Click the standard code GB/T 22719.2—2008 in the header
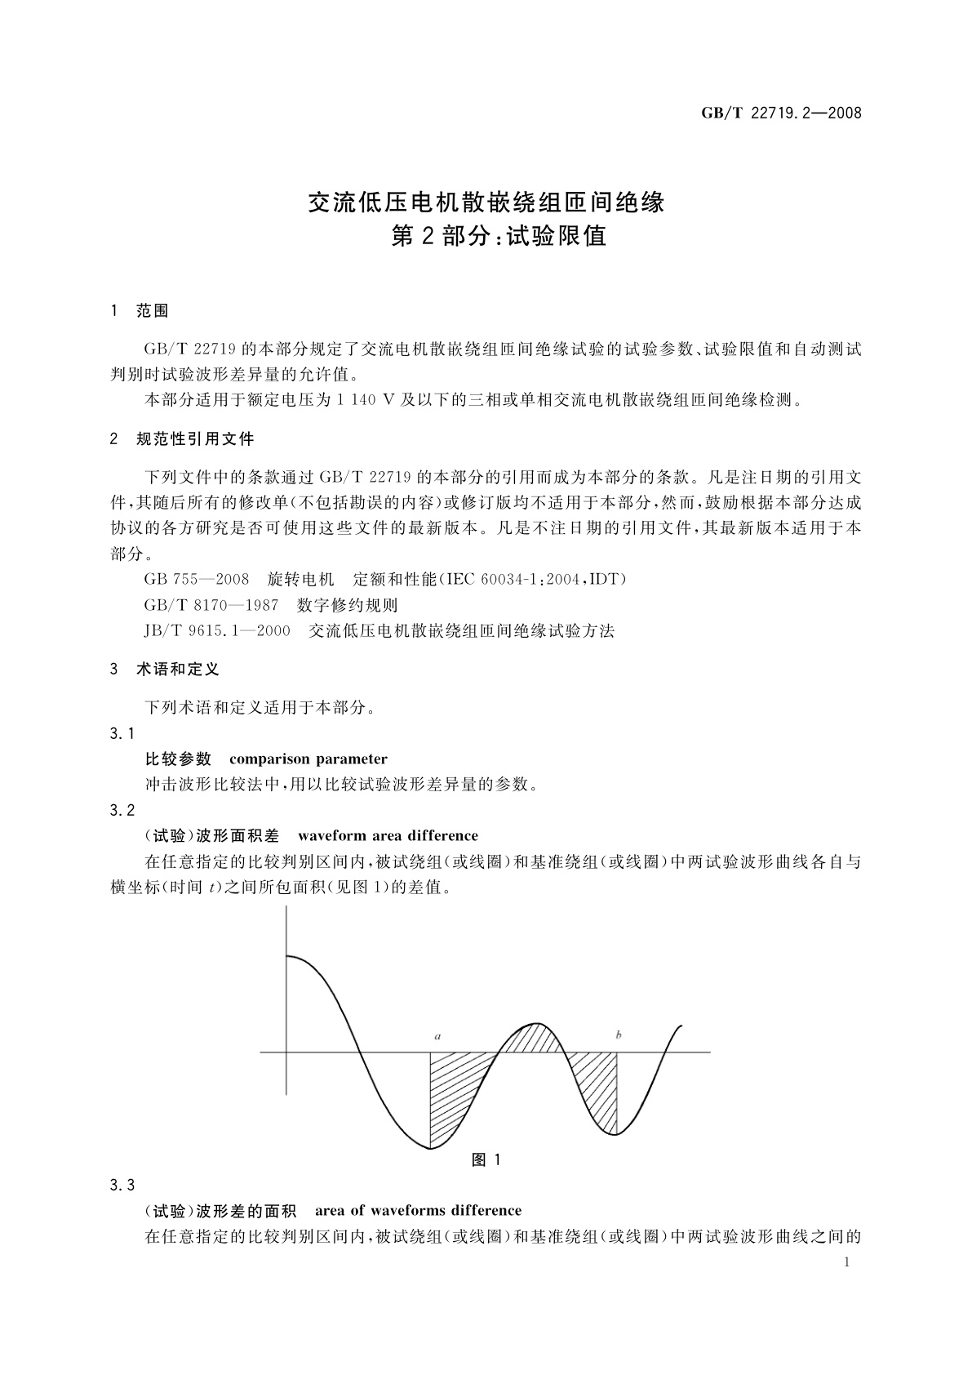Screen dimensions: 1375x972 click(x=781, y=113)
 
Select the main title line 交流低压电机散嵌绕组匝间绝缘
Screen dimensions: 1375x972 click(x=486, y=201)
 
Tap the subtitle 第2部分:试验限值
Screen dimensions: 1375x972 click(x=499, y=237)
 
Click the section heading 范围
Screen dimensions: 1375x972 click(x=153, y=310)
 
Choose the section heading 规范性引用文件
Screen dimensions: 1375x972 click(x=195, y=439)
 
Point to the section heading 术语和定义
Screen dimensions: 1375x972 click(x=178, y=670)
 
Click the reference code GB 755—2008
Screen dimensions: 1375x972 click(x=197, y=580)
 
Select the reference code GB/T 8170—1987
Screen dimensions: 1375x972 click(x=211, y=605)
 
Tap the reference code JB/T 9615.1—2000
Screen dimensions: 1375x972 click(x=218, y=630)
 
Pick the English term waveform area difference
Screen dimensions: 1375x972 click(x=388, y=835)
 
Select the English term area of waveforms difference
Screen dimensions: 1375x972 click(x=418, y=1210)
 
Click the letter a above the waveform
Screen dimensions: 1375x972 click(x=438, y=1037)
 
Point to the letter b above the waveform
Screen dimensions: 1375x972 click(x=619, y=1035)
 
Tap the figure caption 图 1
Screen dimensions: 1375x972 click(x=486, y=1159)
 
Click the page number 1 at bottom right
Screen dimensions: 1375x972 click(x=846, y=1262)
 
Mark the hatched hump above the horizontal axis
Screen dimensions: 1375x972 click(x=532, y=1039)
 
